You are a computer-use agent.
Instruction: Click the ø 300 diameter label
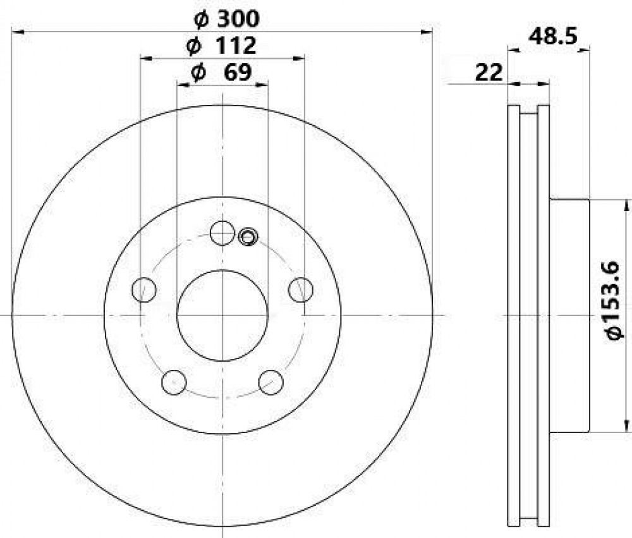226,18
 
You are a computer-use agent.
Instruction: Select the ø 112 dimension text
221,45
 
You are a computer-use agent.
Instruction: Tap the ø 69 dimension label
221,72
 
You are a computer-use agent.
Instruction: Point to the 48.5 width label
553,37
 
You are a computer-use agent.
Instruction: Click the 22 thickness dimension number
489,73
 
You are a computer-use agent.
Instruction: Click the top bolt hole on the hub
222,233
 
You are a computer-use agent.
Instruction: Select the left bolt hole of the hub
144,289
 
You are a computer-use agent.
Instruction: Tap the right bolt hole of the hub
301,289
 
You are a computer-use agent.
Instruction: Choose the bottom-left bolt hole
174,382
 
